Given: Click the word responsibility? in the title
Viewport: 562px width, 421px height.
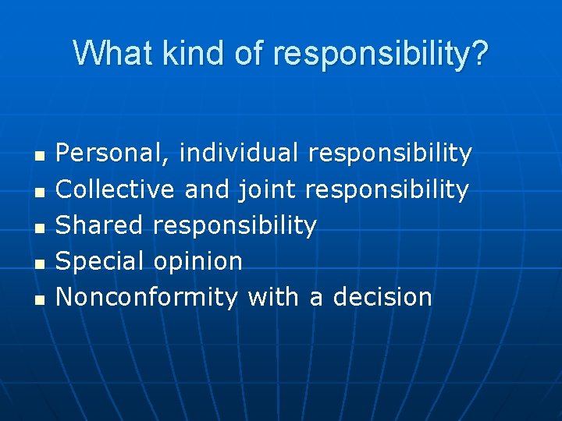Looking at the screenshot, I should tap(381, 53).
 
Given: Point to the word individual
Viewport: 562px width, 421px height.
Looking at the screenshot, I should tap(239, 153).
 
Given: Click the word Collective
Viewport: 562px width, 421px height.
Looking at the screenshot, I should tap(116, 189).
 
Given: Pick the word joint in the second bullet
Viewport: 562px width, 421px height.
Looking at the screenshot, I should tap(267, 189).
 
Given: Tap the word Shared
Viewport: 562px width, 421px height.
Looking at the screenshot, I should tap(100, 225).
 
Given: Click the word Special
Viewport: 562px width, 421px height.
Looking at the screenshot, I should tap(101, 261).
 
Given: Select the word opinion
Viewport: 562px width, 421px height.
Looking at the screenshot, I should tap(198, 262).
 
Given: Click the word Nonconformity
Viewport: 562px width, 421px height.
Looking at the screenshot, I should tap(148, 297).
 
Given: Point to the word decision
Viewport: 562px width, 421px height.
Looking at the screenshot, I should tap(382, 297).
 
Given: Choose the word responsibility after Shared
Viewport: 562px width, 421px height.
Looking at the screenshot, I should tap(235, 226).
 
